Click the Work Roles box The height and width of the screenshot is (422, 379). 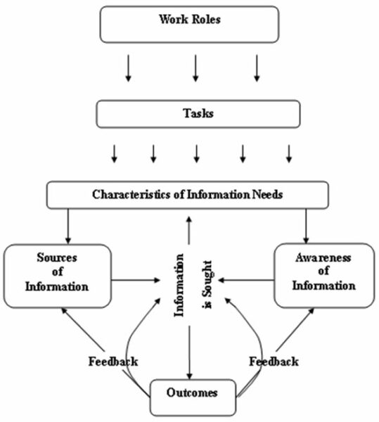(190, 25)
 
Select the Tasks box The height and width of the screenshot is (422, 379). (198, 114)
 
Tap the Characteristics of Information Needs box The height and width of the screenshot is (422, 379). (188, 195)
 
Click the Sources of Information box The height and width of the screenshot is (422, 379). (58, 276)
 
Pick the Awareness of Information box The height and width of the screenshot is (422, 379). (324, 275)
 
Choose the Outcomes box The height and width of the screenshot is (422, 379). (193, 397)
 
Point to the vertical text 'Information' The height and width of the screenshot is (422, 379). (179, 286)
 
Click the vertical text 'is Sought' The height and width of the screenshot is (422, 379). (208, 284)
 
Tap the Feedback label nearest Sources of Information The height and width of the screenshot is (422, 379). (113, 362)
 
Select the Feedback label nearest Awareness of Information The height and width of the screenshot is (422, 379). (274, 362)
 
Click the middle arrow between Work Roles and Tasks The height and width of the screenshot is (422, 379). (195, 68)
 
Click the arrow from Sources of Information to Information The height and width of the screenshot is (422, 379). (136, 280)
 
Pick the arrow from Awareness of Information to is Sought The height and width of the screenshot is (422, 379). (246, 280)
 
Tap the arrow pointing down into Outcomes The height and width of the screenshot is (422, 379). (189, 352)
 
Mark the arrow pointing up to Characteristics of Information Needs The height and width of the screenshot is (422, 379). (189, 230)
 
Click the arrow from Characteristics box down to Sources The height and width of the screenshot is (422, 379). (68, 226)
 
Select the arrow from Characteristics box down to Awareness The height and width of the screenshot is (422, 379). (306, 226)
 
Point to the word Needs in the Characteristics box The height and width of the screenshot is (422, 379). (267, 195)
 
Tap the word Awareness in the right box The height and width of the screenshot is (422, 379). (323, 258)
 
